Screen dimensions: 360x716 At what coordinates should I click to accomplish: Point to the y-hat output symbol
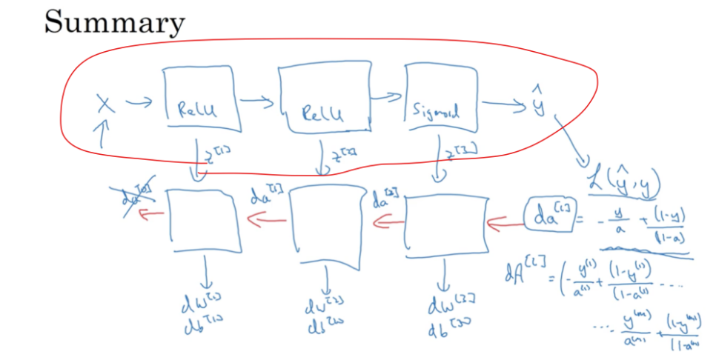[x=539, y=104]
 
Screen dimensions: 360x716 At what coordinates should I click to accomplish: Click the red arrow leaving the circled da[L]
[x=505, y=220]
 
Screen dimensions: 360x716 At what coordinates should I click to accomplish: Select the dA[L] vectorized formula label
[x=520, y=276]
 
